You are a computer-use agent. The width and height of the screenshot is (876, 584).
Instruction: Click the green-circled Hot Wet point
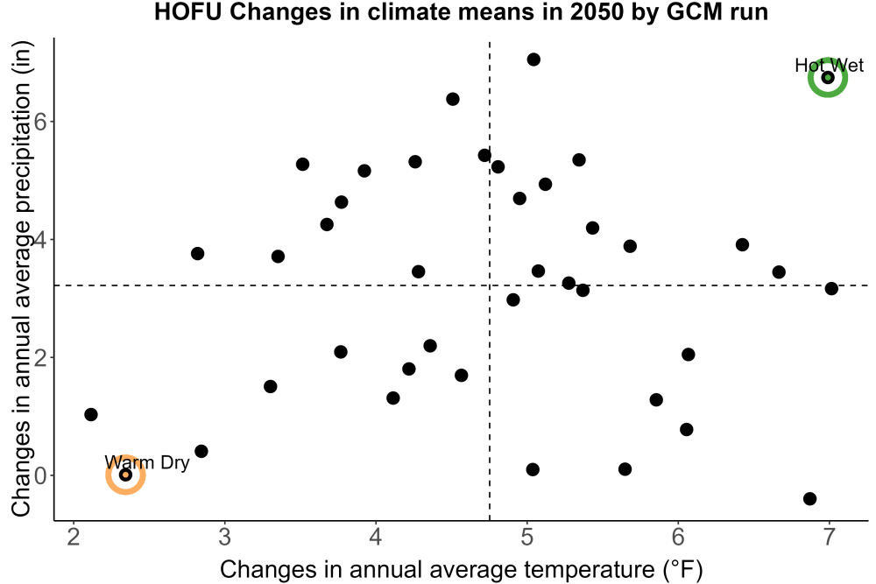(828, 77)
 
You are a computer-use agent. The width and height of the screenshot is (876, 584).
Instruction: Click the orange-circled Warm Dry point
(125, 475)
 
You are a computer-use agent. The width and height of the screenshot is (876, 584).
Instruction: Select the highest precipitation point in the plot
(533, 60)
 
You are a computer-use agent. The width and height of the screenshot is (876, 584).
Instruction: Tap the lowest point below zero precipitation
(809, 498)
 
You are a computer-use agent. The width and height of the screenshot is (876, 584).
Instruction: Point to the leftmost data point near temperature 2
(91, 414)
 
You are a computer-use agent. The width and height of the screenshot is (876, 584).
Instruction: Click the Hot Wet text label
(829, 66)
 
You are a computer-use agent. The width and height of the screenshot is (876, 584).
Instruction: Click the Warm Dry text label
(147, 462)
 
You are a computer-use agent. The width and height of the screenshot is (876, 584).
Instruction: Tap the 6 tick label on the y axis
(40, 121)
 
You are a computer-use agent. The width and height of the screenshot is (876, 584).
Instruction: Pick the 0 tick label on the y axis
(40, 475)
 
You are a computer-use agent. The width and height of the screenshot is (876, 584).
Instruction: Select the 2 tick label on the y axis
(40, 357)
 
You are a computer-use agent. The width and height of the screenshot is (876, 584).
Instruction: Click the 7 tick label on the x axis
(829, 537)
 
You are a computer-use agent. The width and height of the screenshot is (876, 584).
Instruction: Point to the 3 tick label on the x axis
(224, 537)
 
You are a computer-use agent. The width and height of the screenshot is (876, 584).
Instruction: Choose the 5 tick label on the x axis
(526, 537)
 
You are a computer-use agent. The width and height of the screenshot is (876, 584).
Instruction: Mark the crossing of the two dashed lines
(490, 285)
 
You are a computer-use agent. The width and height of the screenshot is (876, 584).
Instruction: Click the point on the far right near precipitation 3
(831, 289)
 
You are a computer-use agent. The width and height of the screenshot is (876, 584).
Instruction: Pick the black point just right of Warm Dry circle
(201, 451)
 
